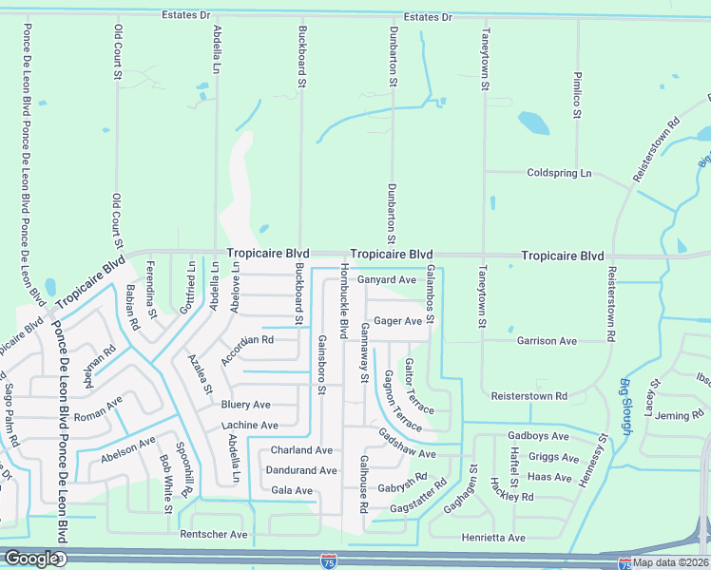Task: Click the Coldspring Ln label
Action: tap(559, 173)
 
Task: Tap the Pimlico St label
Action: tap(576, 94)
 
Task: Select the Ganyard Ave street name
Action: tap(387, 280)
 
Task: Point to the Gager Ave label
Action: tap(397, 321)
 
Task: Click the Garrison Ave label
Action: tap(547, 340)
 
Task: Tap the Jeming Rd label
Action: tap(679, 415)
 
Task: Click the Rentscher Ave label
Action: tap(214, 535)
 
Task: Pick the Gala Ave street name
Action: tap(292, 490)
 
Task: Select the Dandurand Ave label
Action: tap(300, 470)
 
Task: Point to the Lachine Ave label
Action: tap(250, 426)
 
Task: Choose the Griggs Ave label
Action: tap(553, 457)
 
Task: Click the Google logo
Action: tap(32, 559)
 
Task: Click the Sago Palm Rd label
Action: tap(10, 404)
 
